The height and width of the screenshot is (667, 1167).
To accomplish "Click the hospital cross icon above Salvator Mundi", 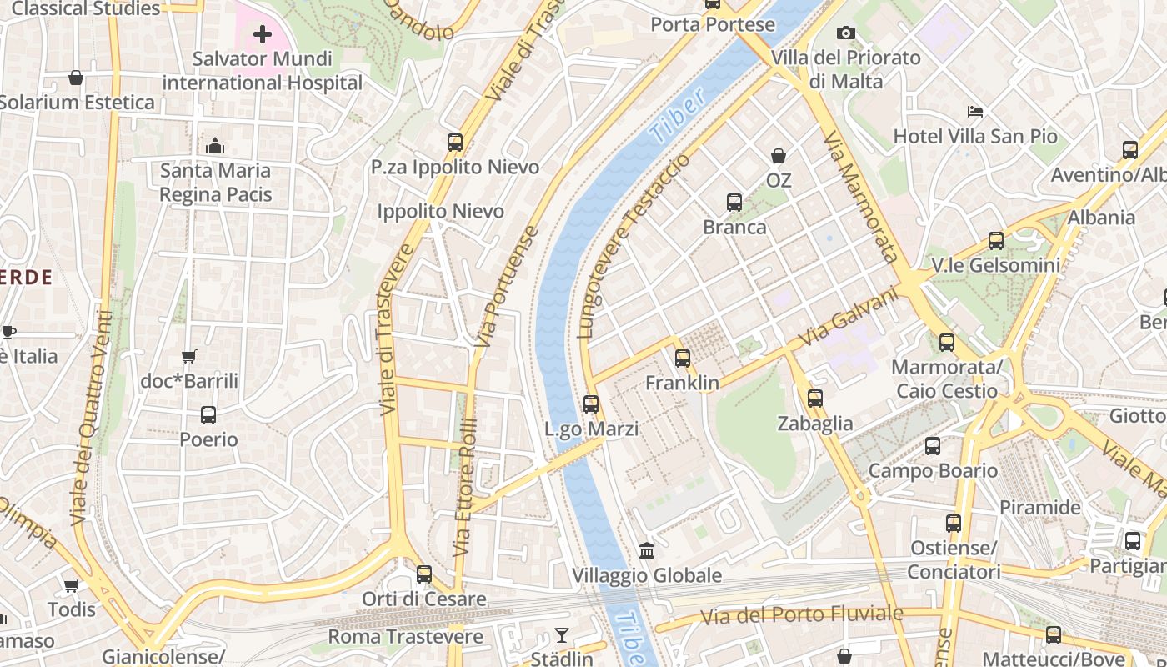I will pos(263,34).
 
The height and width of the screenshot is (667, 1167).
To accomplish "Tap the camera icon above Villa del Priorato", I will pos(846,33).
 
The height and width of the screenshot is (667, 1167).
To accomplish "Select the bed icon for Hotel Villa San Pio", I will pos(975,111).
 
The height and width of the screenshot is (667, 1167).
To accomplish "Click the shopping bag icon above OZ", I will pos(779,156).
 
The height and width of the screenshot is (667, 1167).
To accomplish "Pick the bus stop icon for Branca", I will pos(734,202).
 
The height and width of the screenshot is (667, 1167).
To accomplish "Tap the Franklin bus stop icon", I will pos(683,359).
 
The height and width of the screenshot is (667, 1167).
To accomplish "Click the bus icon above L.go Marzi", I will pos(591,404).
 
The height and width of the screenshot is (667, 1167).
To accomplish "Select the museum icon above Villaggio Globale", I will pos(647,550).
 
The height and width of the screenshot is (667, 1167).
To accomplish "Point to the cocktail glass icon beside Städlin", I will pos(562,635).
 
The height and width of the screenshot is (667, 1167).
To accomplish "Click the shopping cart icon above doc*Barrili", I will pos(189,356).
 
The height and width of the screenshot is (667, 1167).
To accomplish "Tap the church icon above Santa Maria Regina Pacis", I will pos(215,146).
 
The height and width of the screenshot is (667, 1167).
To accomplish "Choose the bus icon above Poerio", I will pos(208,414).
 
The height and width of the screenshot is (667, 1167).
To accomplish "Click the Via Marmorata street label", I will pos(862,197).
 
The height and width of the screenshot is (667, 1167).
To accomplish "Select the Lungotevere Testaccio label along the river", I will pos(634,246).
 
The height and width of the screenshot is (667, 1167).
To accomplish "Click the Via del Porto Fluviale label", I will pos(801,615).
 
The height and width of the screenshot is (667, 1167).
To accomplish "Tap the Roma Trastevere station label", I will pos(405,637).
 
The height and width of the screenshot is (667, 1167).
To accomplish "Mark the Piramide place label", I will pos(1039,507).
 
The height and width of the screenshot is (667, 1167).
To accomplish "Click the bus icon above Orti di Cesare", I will pos(424,574).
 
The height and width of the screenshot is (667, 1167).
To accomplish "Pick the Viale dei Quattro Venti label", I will pos(93,417).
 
